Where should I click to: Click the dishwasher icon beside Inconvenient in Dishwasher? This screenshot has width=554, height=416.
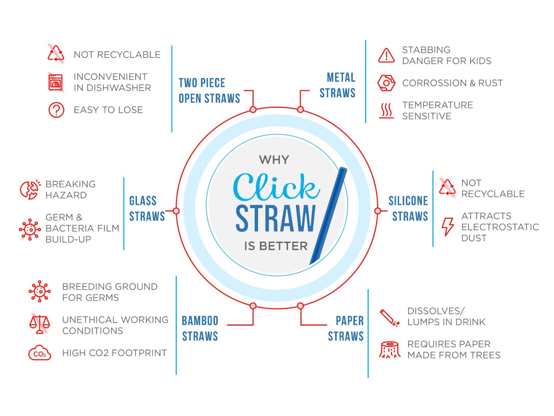pyautogui.click(x=56, y=82)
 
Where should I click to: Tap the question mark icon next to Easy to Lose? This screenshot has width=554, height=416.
pyautogui.click(x=56, y=110)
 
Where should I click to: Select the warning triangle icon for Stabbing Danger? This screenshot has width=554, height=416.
pyautogui.click(x=386, y=55)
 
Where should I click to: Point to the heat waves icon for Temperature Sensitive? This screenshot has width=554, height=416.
pyautogui.click(x=386, y=111)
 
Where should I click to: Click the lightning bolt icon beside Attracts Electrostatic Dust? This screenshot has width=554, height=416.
pyautogui.click(x=448, y=227)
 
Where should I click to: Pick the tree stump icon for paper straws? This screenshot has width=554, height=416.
pyautogui.click(x=390, y=349)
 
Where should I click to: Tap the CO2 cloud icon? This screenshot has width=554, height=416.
pyautogui.click(x=39, y=353)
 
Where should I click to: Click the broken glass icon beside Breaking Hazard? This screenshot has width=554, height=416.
pyautogui.click(x=30, y=189)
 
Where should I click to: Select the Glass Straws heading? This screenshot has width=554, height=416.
pyautogui.click(x=147, y=209)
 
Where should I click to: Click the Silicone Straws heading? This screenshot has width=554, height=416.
pyautogui.click(x=408, y=209)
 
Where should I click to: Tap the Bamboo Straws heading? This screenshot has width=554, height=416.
pyautogui.click(x=200, y=328)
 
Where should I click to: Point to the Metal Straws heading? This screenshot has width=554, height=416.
pyautogui.click(x=338, y=85)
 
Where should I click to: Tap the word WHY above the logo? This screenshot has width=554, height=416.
pyautogui.click(x=274, y=160)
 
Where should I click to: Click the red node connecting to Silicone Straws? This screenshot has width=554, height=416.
pyautogui.click(x=378, y=211)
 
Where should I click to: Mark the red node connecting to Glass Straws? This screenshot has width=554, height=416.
pyautogui.click(x=176, y=211)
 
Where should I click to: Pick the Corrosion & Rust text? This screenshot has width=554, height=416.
pyautogui.click(x=452, y=83)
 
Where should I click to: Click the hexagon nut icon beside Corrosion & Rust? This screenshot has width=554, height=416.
pyautogui.click(x=386, y=83)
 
